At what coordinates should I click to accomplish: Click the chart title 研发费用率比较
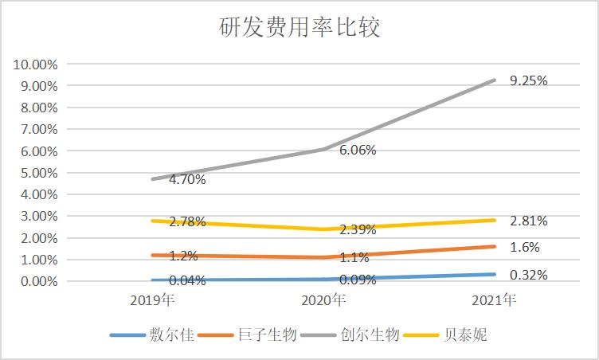coord(299,29)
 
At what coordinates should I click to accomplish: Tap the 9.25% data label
coord(529,80)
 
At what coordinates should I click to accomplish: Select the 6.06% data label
coord(358,150)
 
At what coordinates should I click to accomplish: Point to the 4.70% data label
coord(187,179)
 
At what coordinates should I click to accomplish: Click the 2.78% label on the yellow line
coord(187,221)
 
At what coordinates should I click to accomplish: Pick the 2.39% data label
coord(358,229)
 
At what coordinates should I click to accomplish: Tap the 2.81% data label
coord(529,221)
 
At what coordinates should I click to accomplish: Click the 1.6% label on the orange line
coord(524,247)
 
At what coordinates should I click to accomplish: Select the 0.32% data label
coord(529,275)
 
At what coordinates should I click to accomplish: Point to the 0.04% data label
coord(187,280)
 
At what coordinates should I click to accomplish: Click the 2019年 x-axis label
coord(153,302)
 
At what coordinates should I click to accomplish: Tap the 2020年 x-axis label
coord(324,302)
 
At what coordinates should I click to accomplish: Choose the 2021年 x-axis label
coord(494,302)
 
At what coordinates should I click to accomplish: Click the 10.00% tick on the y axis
coord(34,64)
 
